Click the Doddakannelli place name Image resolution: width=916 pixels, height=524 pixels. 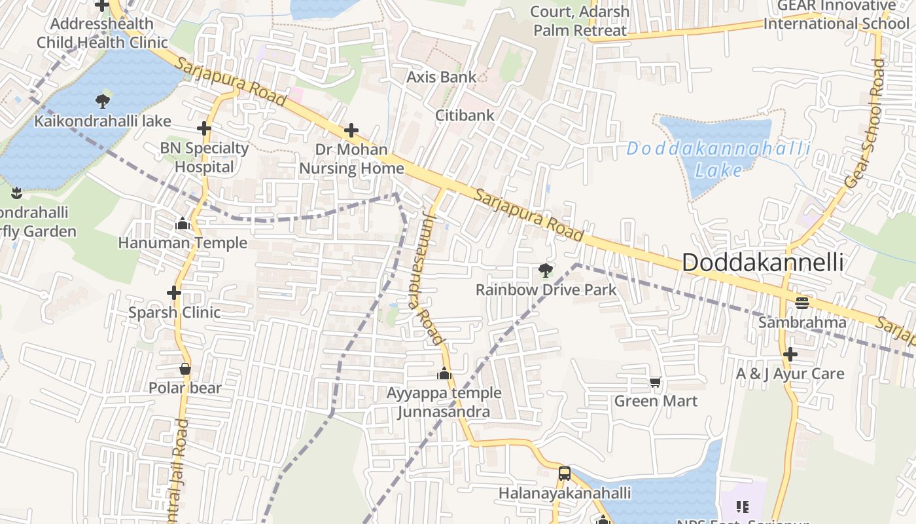[x=762, y=263]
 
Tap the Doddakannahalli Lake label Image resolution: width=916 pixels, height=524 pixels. [x=718, y=159]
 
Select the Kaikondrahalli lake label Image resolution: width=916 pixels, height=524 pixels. [x=103, y=121]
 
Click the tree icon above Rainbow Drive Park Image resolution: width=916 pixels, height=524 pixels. [x=545, y=270]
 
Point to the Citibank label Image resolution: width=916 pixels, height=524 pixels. [x=465, y=115]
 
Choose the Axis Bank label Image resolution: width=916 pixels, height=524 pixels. [x=442, y=77]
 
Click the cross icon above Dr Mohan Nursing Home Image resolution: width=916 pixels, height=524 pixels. [x=351, y=130]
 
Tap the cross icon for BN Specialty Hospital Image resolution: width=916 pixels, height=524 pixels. [x=204, y=128]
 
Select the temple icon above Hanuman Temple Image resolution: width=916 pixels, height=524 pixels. [x=183, y=224]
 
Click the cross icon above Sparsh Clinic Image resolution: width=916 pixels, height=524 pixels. [x=174, y=292]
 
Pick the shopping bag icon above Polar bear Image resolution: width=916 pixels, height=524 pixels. [x=185, y=369]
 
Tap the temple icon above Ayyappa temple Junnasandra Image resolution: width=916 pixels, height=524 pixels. [x=444, y=374]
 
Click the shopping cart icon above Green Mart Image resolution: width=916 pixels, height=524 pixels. [x=656, y=382]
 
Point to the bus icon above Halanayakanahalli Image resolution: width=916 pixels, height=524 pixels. [x=564, y=473]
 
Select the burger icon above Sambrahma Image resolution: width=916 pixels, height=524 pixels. [x=802, y=303]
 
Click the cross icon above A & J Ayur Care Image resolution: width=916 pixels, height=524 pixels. [x=790, y=354]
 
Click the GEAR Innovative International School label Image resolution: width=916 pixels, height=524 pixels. [x=836, y=15]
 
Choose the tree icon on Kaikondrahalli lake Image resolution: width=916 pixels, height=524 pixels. [x=102, y=101]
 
